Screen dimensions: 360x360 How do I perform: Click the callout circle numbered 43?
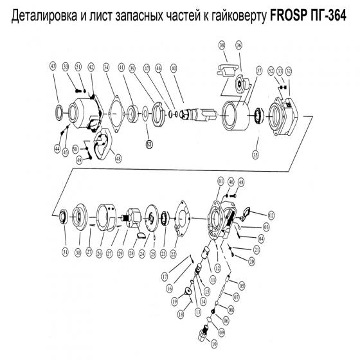(53, 66)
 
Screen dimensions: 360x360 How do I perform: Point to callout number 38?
(222, 45)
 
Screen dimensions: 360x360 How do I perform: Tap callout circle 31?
(65, 253)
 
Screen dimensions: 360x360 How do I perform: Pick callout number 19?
(174, 300)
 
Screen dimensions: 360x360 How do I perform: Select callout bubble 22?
(173, 253)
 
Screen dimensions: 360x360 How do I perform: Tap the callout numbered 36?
(239, 45)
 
